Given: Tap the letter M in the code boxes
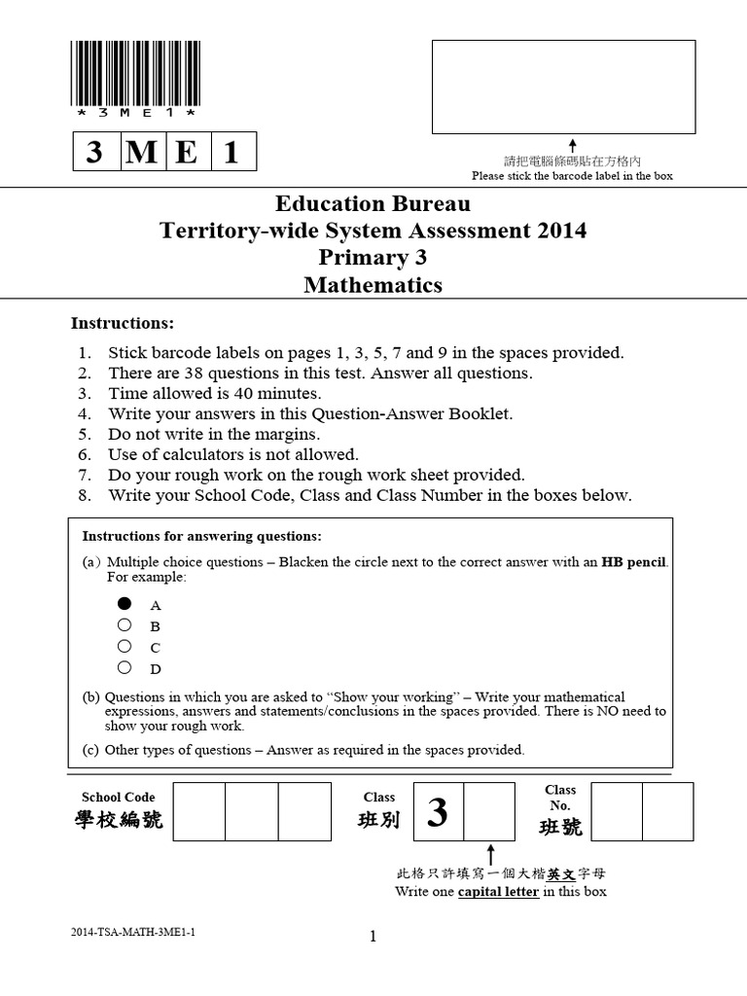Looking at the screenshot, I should (142, 153).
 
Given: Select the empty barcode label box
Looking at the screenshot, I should (563, 87).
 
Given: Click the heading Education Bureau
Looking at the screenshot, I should (373, 204).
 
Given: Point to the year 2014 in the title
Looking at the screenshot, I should (559, 231).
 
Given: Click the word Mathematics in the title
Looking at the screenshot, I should (373, 285).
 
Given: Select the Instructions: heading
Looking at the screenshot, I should (123, 323).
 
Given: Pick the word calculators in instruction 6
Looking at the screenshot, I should (181, 454).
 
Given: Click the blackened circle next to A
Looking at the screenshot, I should (124, 603).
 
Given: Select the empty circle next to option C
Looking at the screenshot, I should (124, 646).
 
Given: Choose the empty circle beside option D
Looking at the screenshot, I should (124, 667).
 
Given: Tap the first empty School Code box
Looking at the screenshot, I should (199, 810).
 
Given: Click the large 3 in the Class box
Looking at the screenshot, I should (438, 812).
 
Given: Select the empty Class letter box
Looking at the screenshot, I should (489, 810).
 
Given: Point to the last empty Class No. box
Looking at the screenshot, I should (668, 810).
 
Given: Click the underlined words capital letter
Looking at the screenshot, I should (498, 892).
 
